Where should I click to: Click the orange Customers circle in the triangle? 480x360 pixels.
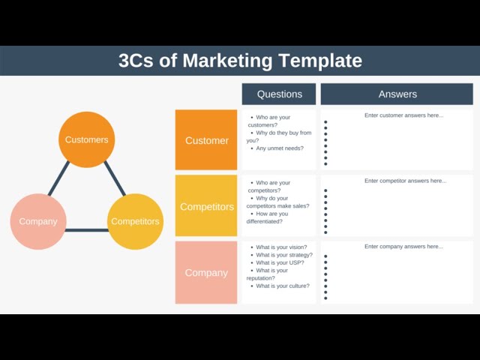click(x=86, y=139)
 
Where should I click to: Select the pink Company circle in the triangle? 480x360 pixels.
click(x=38, y=221)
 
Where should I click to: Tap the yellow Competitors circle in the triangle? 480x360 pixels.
click(x=135, y=221)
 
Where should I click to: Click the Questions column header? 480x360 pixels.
click(x=279, y=94)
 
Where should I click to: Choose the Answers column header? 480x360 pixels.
click(x=397, y=94)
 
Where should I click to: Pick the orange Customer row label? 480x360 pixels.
click(x=206, y=140)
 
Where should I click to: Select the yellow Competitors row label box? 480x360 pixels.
click(x=206, y=206)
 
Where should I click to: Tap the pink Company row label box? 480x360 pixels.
click(x=206, y=272)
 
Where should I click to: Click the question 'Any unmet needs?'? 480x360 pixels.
click(x=280, y=148)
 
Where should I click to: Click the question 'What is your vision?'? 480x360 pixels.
click(x=281, y=247)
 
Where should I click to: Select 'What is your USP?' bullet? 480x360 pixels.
click(x=280, y=262)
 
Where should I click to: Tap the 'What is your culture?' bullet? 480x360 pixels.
click(x=283, y=286)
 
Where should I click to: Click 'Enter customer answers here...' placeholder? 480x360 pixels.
click(x=403, y=115)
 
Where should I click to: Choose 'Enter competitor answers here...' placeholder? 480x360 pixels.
click(x=405, y=181)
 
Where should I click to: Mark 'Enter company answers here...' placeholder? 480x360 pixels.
click(x=403, y=247)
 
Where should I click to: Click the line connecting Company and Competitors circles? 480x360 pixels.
click(x=87, y=229)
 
